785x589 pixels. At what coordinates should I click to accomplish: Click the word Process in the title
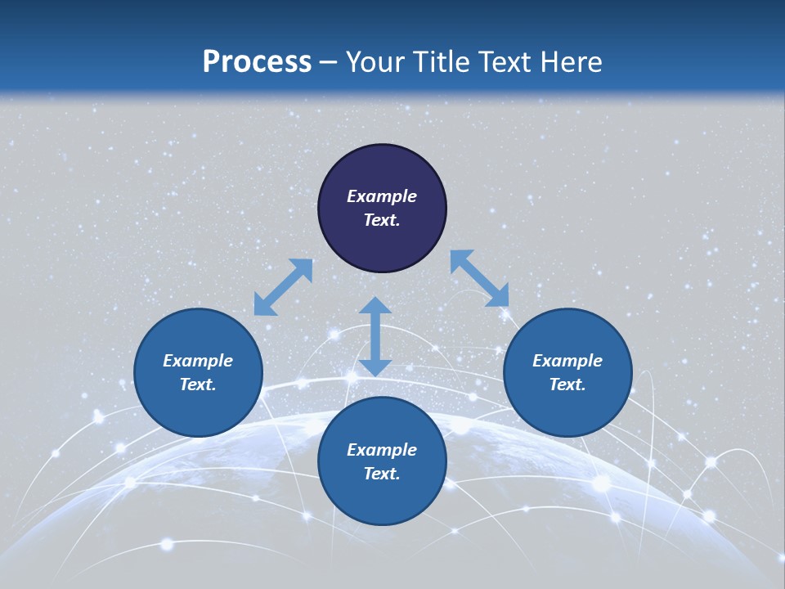(257, 62)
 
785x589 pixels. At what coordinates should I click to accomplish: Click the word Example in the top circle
(382, 196)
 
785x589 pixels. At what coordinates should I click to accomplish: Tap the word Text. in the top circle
(382, 220)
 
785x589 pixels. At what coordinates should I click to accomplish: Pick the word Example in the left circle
(198, 361)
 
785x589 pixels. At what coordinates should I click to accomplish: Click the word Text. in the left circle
(198, 384)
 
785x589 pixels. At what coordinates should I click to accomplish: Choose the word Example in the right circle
(567, 361)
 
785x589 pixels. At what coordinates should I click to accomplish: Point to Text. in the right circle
(567, 384)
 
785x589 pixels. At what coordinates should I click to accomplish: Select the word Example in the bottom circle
(382, 450)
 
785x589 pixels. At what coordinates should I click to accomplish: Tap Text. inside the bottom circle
(382, 474)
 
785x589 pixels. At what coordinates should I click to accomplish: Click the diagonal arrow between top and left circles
(283, 287)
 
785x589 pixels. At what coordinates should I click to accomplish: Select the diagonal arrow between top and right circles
(479, 279)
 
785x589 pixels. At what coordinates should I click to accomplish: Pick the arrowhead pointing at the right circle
(498, 296)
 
